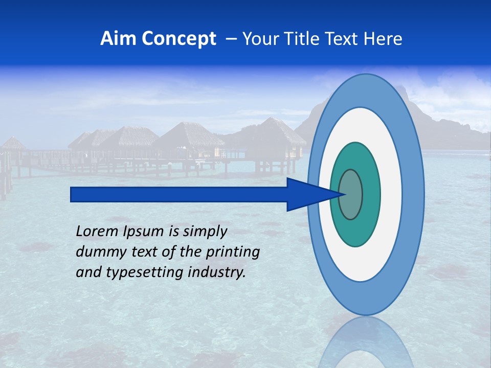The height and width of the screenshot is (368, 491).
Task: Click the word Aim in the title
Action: [118, 39]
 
